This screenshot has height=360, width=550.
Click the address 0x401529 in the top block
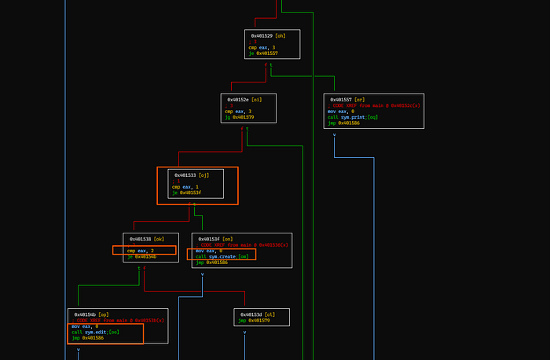tap(262, 35)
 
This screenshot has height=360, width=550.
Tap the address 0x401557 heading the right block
tap(342, 100)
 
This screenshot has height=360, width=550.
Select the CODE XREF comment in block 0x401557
tap(374, 105)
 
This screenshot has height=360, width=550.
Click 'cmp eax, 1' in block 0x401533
tap(185, 186)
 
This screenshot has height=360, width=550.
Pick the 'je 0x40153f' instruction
tap(186, 193)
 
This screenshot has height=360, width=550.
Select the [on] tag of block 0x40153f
tap(228, 238)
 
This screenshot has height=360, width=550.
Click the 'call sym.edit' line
tap(95, 332)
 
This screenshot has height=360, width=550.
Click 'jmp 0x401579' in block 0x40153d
tap(256, 320)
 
